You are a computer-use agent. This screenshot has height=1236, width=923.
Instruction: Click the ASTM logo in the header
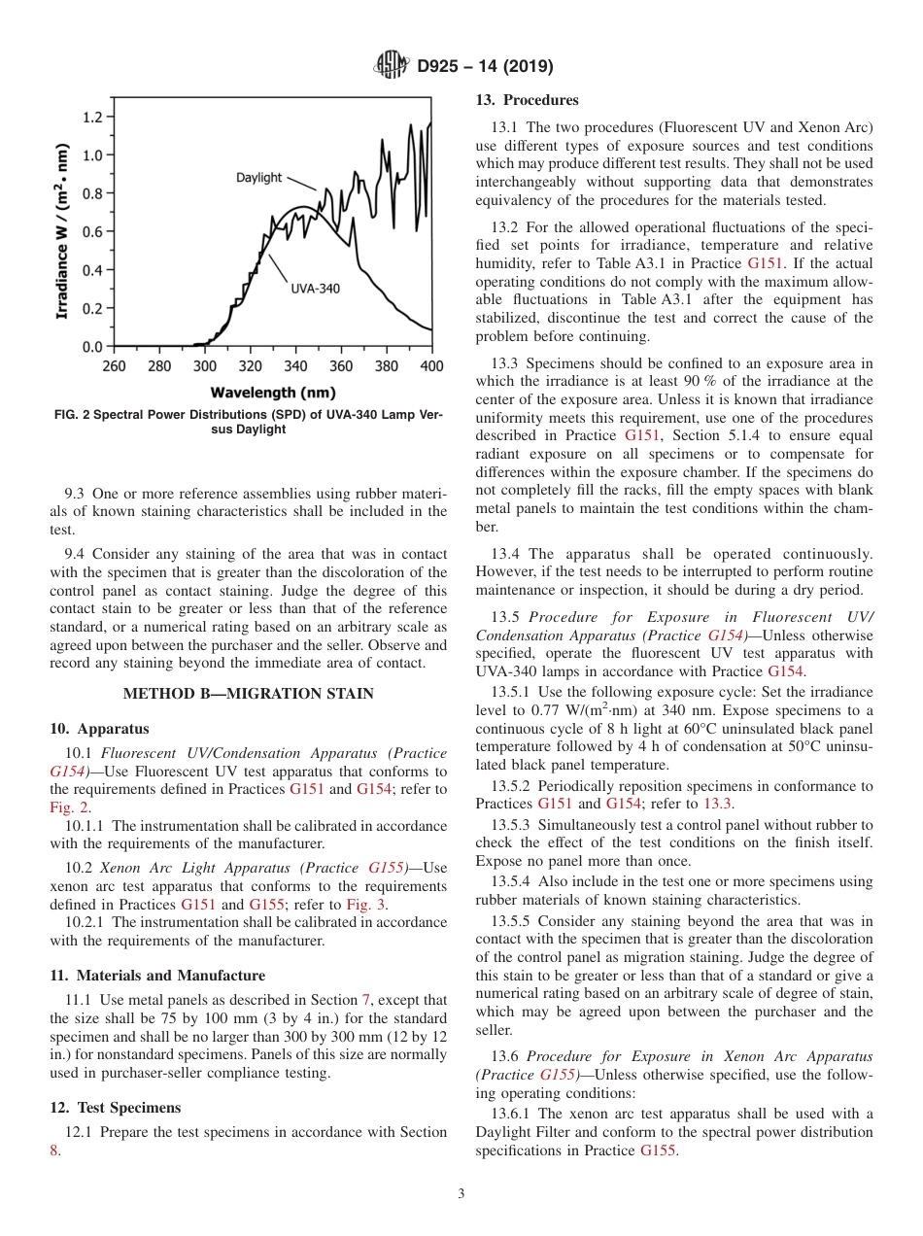click(x=392, y=66)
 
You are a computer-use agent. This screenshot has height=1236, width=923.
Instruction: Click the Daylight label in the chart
click(x=258, y=178)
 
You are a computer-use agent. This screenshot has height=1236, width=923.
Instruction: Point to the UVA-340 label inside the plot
click(x=316, y=289)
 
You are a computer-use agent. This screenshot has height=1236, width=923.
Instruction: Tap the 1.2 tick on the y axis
click(x=92, y=118)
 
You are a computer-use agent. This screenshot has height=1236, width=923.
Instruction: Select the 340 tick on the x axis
click(x=295, y=366)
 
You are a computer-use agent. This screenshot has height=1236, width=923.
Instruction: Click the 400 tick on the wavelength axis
click(x=431, y=366)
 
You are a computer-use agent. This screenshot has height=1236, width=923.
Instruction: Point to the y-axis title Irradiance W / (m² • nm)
click(x=61, y=232)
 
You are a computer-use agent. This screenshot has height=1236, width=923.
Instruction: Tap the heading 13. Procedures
click(x=527, y=100)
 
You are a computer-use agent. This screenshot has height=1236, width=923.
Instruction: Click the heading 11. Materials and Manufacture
click(x=157, y=976)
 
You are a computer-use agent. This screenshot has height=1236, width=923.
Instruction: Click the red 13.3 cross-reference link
click(x=718, y=804)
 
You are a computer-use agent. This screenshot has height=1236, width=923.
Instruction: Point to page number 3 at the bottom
click(x=461, y=1194)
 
